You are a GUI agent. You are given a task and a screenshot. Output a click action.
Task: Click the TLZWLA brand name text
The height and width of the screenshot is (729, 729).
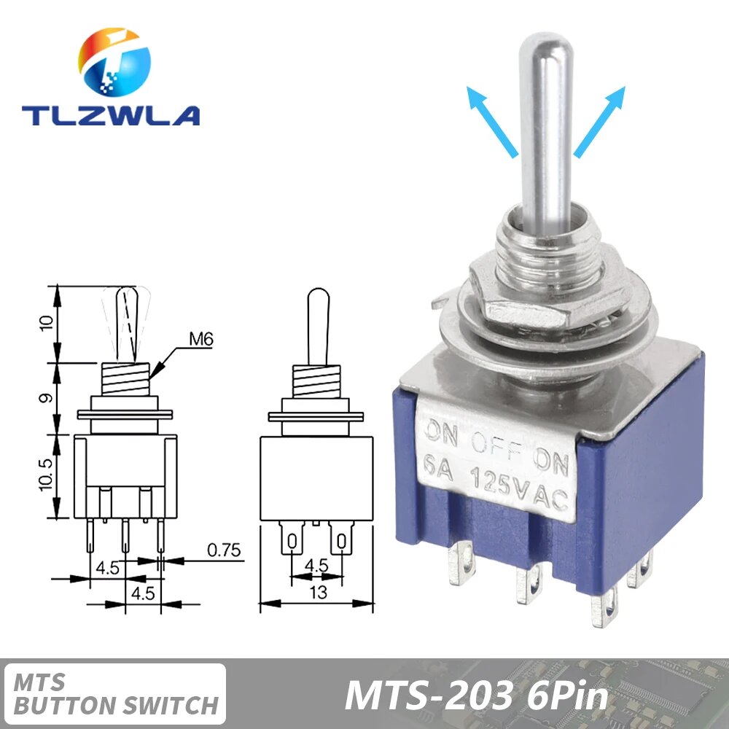click(110, 115)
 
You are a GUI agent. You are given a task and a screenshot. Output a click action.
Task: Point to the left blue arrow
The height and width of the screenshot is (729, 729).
click(491, 120)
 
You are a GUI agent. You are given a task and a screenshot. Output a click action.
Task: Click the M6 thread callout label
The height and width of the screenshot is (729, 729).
click(200, 339)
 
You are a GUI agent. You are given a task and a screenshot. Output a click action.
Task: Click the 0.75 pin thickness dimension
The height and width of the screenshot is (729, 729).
click(224, 551)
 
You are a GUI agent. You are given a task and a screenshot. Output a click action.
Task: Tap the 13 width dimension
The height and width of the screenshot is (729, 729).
click(319, 593)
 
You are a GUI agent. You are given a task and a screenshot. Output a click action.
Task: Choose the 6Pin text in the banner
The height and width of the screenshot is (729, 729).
click(565, 695)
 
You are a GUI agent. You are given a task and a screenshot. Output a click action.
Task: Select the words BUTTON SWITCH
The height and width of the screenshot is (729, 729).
click(117, 705)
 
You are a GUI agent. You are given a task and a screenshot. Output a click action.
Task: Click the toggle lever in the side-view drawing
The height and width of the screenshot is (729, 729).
click(317, 324)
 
